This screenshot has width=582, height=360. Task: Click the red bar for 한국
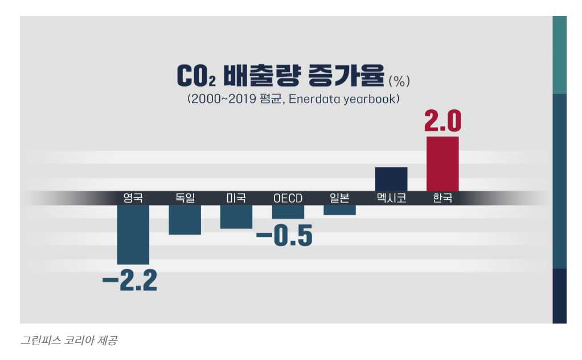pyautogui.click(x=442, y=164)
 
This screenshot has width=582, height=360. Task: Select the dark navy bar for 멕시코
pyautogui.click(x=391, y=179)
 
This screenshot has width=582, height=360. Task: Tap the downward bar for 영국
pyautogui.click(x=133, y=234)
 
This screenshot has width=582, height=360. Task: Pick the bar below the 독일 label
pyautogui.click(x=185, y=219)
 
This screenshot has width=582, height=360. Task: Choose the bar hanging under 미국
pyautogui.click(x=236, y=216)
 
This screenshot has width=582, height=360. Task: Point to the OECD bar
pyautogui.click(x=288, y=211)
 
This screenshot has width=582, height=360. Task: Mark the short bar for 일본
pyautogui.click(x=339, y=210)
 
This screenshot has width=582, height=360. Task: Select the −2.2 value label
pyautogui.click(x=129, y=281)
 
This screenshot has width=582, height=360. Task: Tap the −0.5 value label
pyautogui.click(x=285, y=236)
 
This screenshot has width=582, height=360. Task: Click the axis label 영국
pyautogui.click(x=133, y=198)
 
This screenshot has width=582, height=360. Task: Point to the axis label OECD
pyautogui.click(x=288, y=198)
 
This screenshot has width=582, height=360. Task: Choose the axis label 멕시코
pyautogui.click(x=391, y=198)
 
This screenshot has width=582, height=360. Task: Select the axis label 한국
pyautogui.click(x=442, y=198)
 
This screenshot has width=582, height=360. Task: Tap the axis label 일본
pyautogui.click(x=339, y=198)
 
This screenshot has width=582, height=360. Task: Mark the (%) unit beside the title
pyautogui.click(x=399, y=79)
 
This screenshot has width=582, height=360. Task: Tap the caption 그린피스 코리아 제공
pyautogui.click(x=69, y=341)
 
